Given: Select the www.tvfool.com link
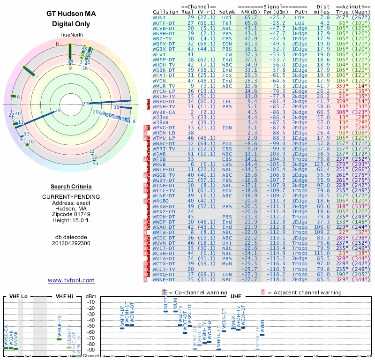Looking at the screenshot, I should coord(71,280).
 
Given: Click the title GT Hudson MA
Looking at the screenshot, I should coord(71,14).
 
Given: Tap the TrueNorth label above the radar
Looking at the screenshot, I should coord(71,36).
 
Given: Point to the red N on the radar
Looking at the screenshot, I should coord(58,45).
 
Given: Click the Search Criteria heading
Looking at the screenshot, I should coord(71,187).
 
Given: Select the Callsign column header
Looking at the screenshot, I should coord(167,12).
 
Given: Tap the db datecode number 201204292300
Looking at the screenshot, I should coord(71,243).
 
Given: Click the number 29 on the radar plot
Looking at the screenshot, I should coord(58,111).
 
